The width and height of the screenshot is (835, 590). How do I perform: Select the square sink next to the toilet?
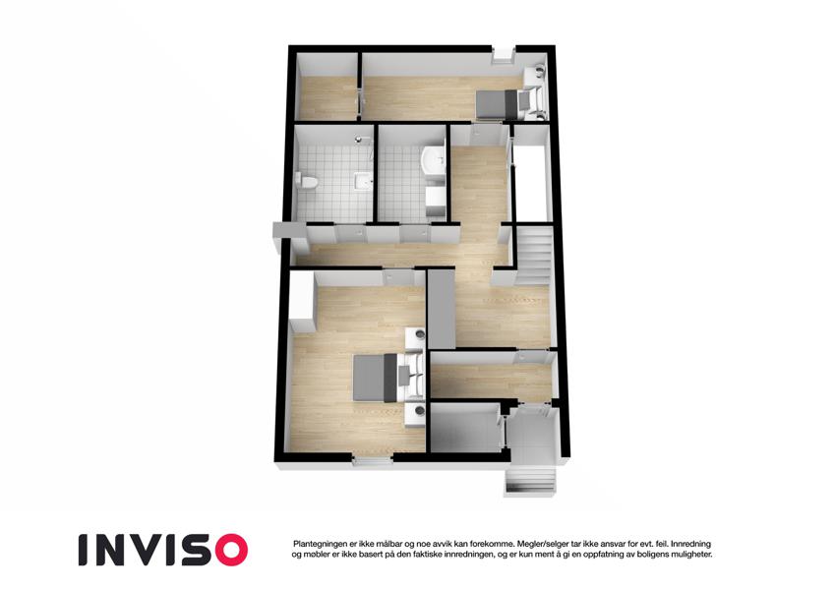363,180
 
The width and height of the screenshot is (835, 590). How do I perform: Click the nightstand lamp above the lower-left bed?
420,335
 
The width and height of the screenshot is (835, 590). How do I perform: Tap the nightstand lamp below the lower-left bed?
420,411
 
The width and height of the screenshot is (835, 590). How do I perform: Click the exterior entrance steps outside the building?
531,482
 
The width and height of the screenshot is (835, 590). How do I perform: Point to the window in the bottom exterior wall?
372,460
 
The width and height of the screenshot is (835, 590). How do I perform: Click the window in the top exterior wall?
503,55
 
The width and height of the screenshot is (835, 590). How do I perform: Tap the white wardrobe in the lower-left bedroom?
302,302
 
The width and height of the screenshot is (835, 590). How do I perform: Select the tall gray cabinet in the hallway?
442,309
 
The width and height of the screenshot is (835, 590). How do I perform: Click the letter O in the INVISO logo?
228,550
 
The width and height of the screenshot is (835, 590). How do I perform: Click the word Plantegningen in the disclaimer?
319,544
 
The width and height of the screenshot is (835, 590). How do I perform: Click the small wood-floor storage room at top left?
328,97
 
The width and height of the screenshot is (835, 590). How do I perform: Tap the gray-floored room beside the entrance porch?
465,429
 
